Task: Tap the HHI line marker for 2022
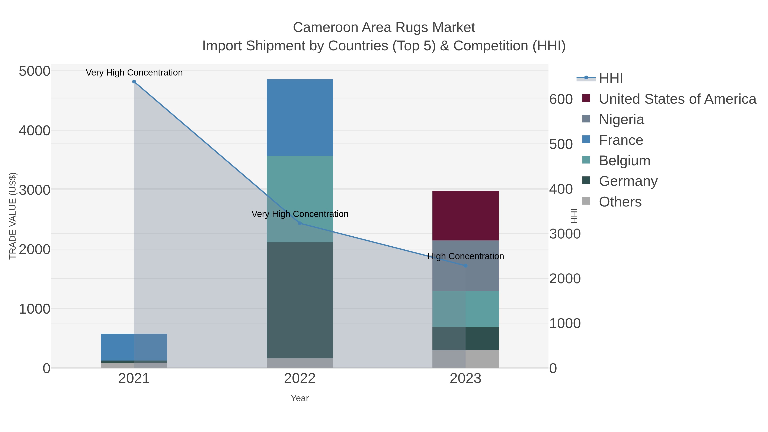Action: pyautogui.click(x=300, y=223)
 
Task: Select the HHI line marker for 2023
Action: pyautogui.click(x=466, y=266)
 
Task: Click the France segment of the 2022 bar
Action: pyautogui.click(x=300, y=118)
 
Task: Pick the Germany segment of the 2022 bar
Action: pyautogui.click(x=300, y=300)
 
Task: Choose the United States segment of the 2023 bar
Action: pyautogui.click(x=465, y=215)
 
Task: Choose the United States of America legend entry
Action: pyautogui.click(x=677, y=99)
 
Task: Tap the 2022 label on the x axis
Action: pyautogui.click(x=300, y=379)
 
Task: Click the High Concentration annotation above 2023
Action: pyautogui.click(x=466, y=256)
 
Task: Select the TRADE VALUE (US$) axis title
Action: pyautogui.click(x=13, y=216)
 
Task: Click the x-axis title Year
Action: pyautogui.click(x=300, y=398)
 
